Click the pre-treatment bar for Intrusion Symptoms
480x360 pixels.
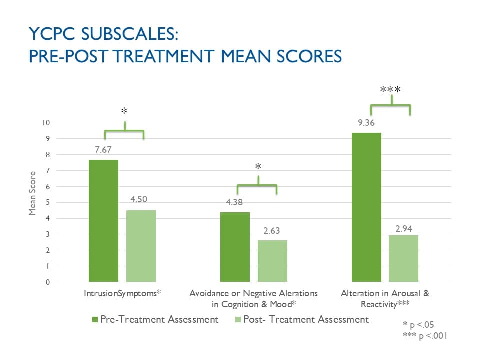click(103, 221)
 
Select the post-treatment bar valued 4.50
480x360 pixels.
click(141, 246)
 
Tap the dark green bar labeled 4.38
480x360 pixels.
click(235, 247)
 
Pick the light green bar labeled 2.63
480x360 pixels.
click(272, 261)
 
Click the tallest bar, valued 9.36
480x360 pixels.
click(366, 207)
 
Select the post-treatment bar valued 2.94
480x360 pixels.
click(403, 258)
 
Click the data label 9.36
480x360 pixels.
click(366, 123)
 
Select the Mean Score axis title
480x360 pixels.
click(33, 193)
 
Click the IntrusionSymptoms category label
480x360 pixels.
click(122, 293)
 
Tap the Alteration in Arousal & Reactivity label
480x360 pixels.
click(385, 298)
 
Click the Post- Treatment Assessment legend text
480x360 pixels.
click(306, 319)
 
